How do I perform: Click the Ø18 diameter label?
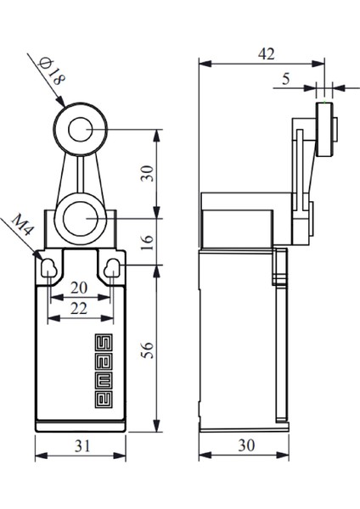pos(51,71)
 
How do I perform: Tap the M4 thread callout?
pos(23,225)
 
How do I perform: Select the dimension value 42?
pos(267,54)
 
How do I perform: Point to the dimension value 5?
pos(285,79)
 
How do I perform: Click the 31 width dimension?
pos(82,446)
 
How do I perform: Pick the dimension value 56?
pos(147,350)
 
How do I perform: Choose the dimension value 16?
pos(147,242)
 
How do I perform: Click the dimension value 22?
pos(79,309)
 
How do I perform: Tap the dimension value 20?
pos(79,288)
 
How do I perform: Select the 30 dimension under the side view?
pos(246,445)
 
